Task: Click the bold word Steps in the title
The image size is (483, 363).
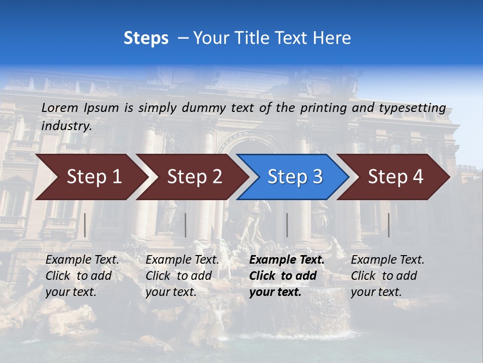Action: [146, 38]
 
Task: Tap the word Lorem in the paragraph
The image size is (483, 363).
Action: [60, 107]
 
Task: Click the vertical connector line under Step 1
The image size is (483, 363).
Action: [85, 225]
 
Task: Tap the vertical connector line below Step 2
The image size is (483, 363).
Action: [186, 225]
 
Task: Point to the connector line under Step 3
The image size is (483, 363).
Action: [287, 225]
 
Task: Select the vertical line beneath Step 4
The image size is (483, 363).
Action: [388, 225]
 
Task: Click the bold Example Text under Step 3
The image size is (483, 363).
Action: [287, 260]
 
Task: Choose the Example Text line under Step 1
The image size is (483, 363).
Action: [82, 260]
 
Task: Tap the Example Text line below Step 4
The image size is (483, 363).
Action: [387, 260]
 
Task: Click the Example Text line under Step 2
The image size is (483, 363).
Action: [182, 260]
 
